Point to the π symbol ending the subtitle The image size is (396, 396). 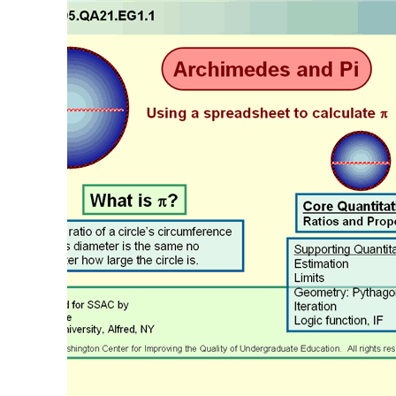coord(383,114)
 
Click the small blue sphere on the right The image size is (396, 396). coord(360,161)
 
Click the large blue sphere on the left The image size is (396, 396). coord(94,109)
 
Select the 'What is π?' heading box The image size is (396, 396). coord(135,201)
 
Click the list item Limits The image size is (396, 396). coord(310,278)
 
